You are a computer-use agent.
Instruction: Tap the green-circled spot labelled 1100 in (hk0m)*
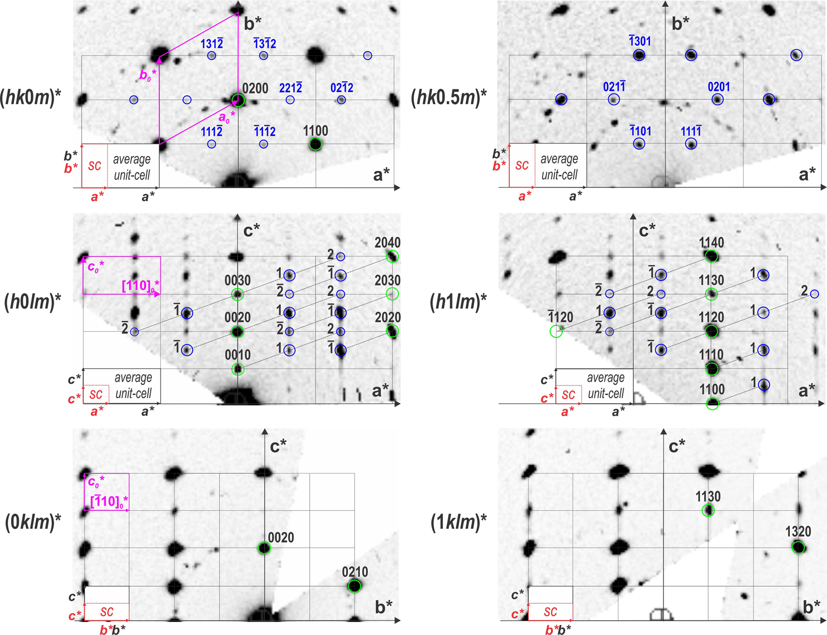pyautogui.click(x=315, y=144)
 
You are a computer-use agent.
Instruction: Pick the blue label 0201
pyautogui.click(x=719, y=87)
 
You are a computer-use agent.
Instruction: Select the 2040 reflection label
pyautogui.click(x=387, y=243)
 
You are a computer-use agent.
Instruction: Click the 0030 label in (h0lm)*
pyautogui.click(x=237, y=281)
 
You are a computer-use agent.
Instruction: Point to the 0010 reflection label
pyautogui.click(x=237, y=355)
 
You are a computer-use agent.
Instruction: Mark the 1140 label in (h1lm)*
pyautogui.click(x=711, y=243)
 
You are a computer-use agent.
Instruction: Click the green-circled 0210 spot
pyautogui.click(x=355, y=586)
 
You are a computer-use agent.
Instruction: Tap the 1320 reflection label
pyautogui.click(x=798, y=532)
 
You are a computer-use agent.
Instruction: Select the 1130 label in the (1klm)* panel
pyautogui.click(x=708, y=497)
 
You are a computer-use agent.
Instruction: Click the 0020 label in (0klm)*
pyautogui.click(x=281, y=538)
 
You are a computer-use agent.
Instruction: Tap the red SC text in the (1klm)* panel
pyautogui.click(x=550, y=612)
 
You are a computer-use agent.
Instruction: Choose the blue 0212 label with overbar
pyautogui.click(x=342, y=88)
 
